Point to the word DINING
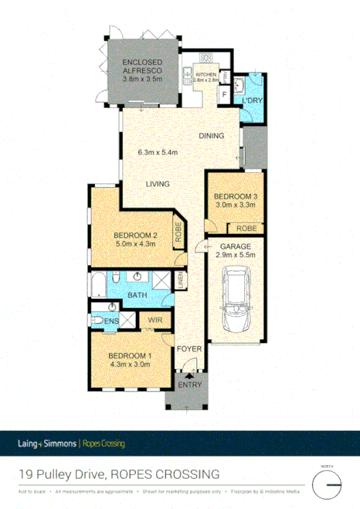tap(211, 136)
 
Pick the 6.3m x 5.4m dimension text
tap(158, 153)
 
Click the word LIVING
tap(158, 183)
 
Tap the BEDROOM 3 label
tap(236, 196)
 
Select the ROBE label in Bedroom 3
tap(246, 229)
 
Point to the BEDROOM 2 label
tap(135, 235)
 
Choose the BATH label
tap(138, 295)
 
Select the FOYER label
tap(189, 348)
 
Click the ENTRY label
tap(188, 385)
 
